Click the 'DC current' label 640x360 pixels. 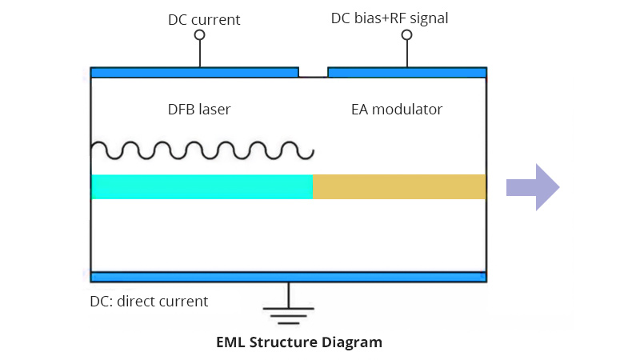click(x=204, y=19)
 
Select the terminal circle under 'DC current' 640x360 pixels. click(x=200, y=35)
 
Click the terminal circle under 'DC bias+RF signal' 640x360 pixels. click(x=406, y=35)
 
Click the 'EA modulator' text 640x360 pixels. click(x=397, y=109)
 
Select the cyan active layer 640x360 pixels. click(x=202, y=186)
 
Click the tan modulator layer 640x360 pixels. click(x=399, y=186)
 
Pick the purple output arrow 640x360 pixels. click(x=533, y=187)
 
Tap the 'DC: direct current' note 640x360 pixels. click(x=149, y=302)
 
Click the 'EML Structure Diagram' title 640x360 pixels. click(x=299, y=342)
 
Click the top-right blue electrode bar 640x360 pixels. click(x=406, y=72)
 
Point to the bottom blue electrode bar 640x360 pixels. click(x=288, y=277)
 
